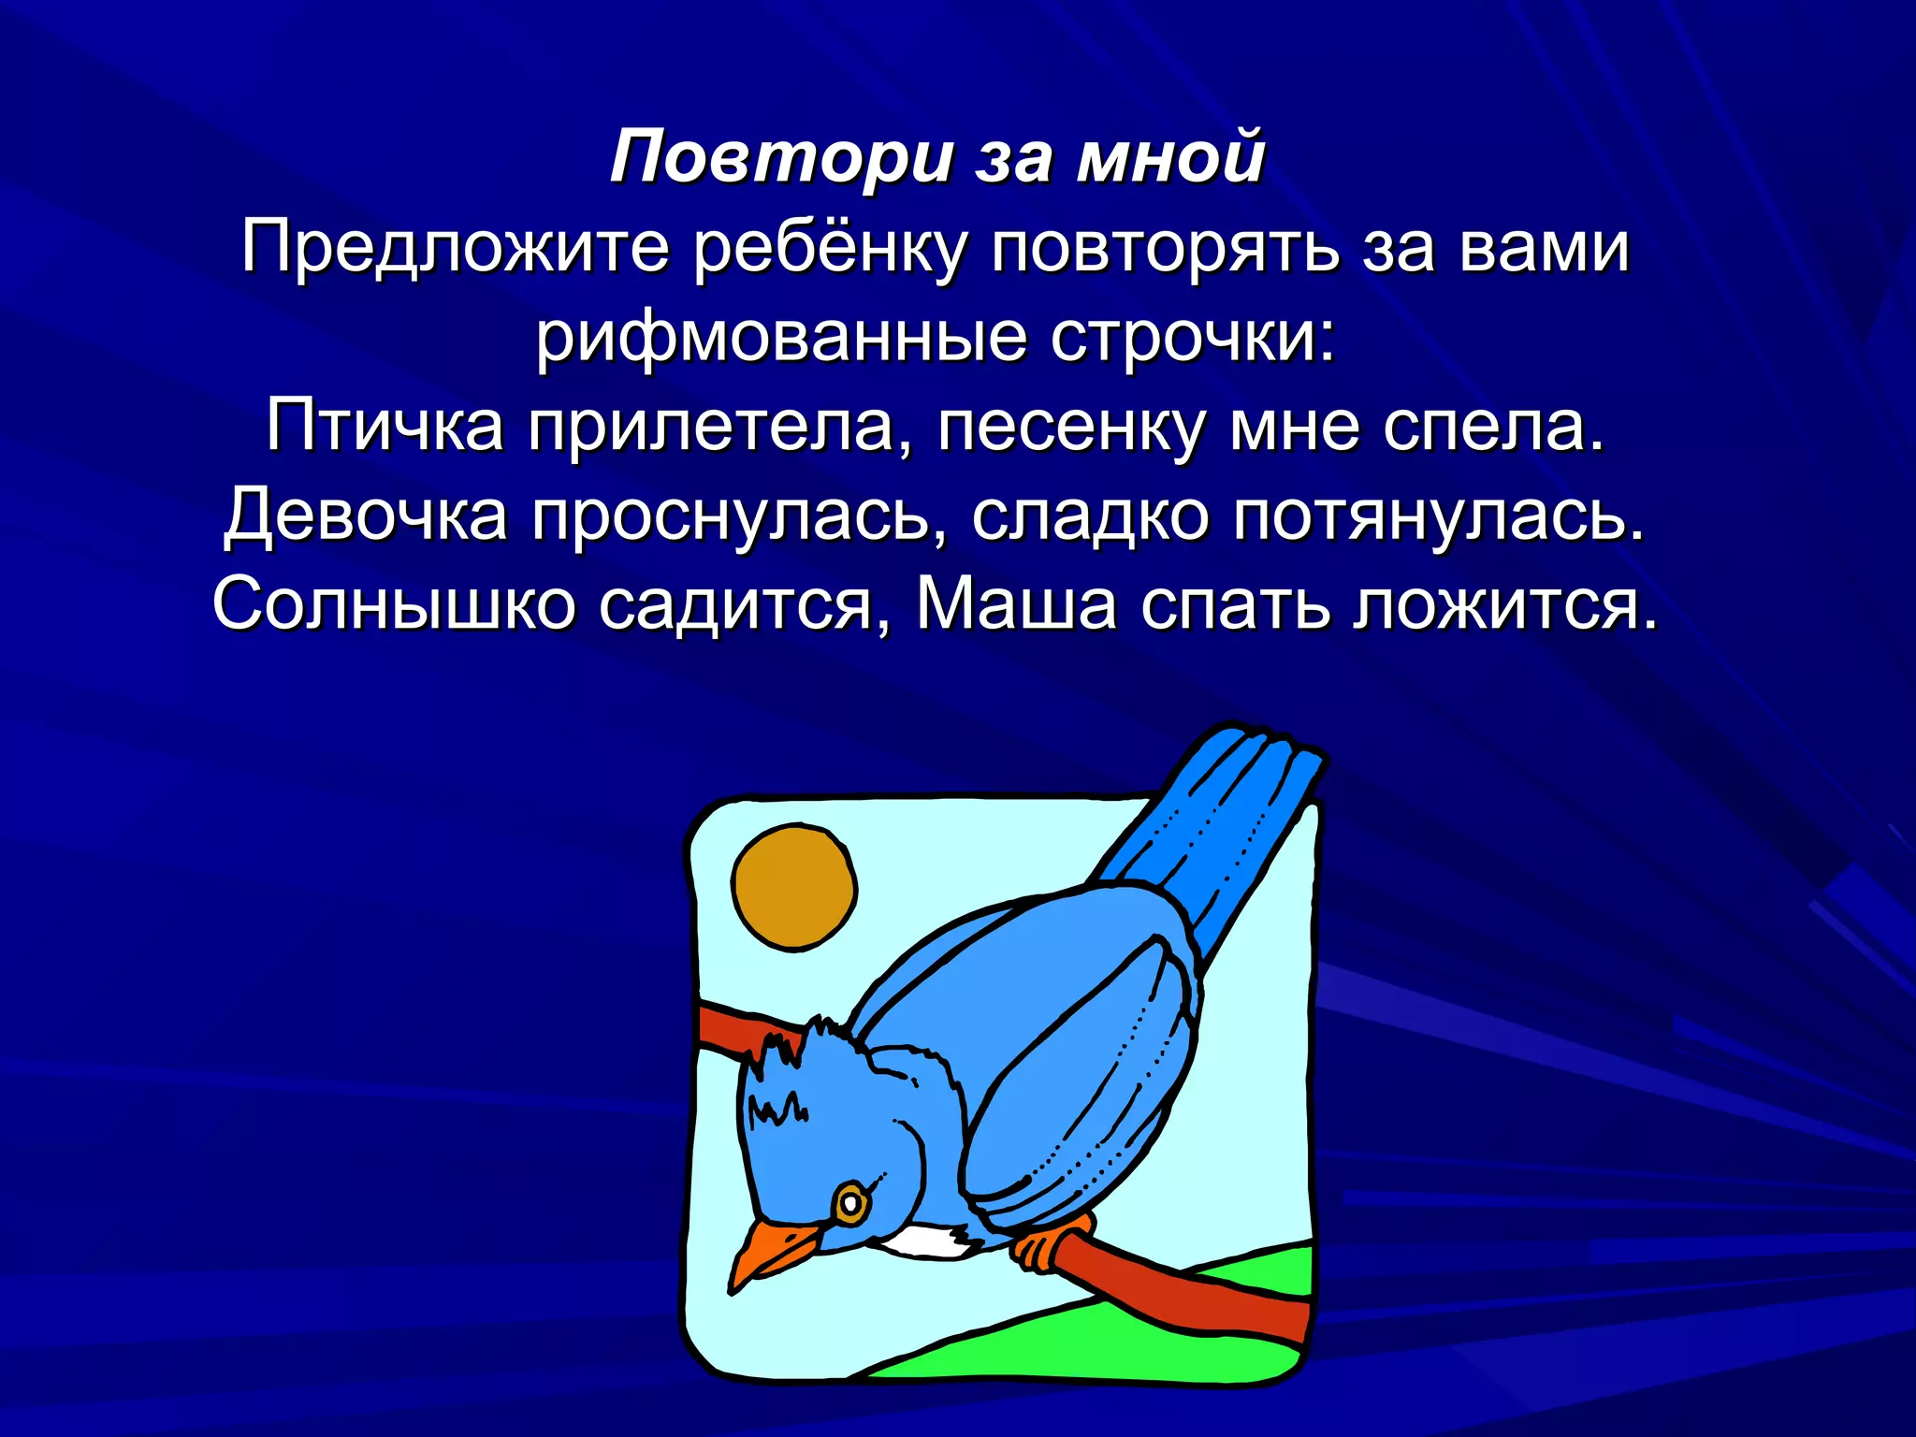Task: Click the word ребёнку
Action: (x=830, y=249)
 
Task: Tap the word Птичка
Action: (x=385, y=427)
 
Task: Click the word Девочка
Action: (x=366, y=515)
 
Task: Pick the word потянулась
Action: (x=1437, y=515)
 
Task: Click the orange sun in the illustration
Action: (x=794, y=886)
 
